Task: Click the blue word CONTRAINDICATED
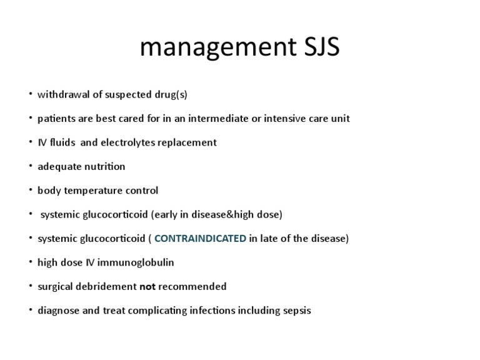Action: point(200,238)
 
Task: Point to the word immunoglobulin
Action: point(139,262)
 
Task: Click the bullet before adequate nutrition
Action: point(30,166)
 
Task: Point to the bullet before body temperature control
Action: point(30,191)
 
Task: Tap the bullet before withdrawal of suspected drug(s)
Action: point(30,95)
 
